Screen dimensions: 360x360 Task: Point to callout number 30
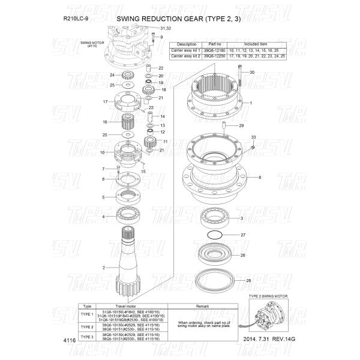(x=251, y=73)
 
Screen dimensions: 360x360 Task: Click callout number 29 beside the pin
(x=241, y=126)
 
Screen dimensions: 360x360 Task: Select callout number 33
(x=253, y=138)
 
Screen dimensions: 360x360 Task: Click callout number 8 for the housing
(x=259, y=178)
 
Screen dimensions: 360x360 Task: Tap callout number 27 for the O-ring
(x=243, y=235)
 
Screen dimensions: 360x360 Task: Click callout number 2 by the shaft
(x=104, y=268)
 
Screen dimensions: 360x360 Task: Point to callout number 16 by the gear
(x=105, y=122)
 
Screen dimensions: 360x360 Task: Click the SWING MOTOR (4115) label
(x=92, y=45)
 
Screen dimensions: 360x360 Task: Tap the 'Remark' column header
(x=202, y=306)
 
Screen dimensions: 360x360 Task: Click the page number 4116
(x=70, y=340)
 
